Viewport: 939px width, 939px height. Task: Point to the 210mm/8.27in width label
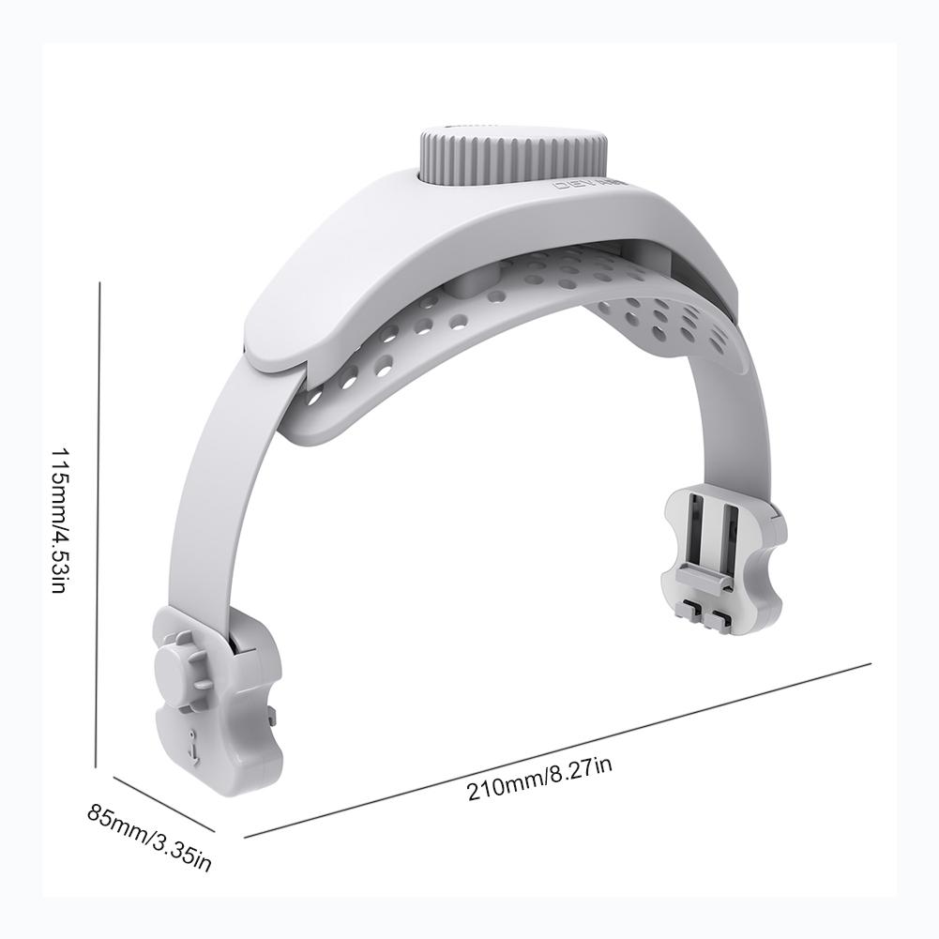tap(539, 778)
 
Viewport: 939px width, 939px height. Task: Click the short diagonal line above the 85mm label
tap(165, 802)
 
